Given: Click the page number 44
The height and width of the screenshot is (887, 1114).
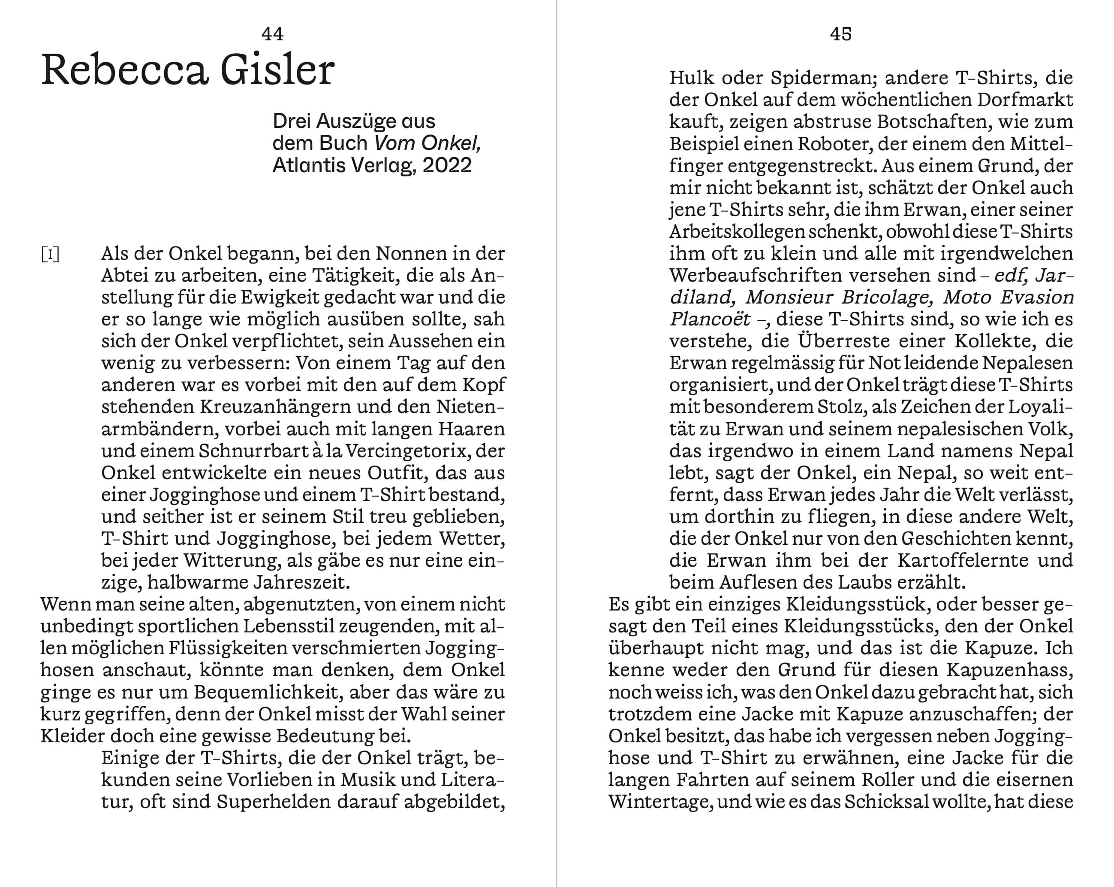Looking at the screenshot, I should tap(272, 34).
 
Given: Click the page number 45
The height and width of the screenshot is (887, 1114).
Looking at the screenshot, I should tap(841, 34).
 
